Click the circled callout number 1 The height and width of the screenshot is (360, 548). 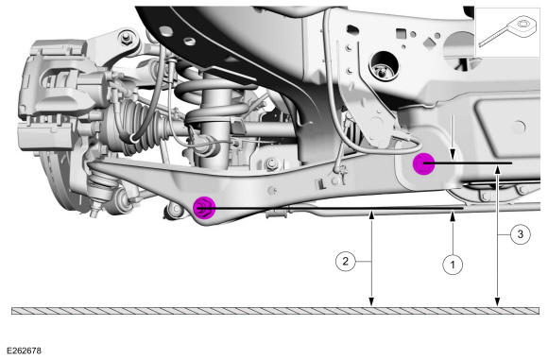pos(453,265)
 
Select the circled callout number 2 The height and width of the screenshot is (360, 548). pos(346,261)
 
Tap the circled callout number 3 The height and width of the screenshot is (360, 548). pos(521,233)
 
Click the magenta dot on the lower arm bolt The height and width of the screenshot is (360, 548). pos(204,208)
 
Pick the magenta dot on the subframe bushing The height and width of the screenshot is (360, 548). pos(424,163)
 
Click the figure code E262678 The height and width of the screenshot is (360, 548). pos(24,351)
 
